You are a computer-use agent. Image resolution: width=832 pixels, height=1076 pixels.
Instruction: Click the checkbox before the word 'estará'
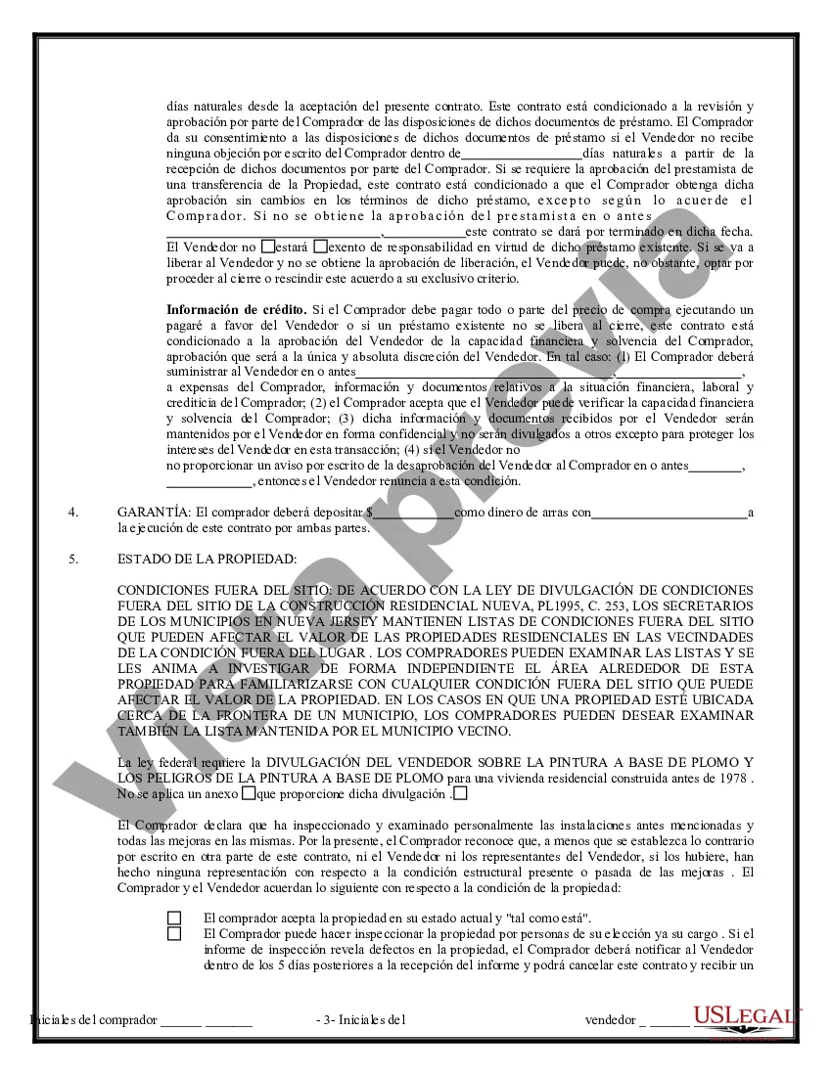[268, 247]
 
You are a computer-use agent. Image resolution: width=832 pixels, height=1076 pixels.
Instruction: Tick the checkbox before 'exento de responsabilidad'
[320, 247]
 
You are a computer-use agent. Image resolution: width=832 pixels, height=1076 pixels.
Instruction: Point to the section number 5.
[72, 560]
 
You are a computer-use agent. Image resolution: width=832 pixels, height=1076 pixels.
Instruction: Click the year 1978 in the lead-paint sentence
[733, 778]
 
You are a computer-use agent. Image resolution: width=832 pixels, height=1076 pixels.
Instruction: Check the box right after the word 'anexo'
[249, 793]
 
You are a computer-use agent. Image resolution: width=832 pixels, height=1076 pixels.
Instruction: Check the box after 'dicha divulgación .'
[460, 793]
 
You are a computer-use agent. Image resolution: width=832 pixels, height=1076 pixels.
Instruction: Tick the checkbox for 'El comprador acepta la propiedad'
[174, 918]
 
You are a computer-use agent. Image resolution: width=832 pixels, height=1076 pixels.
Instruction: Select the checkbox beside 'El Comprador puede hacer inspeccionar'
[174, 933]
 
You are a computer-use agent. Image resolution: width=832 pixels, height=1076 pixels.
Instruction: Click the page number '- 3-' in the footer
[330, 1019]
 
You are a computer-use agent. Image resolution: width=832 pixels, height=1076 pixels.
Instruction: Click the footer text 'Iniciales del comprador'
[94, 1019]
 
